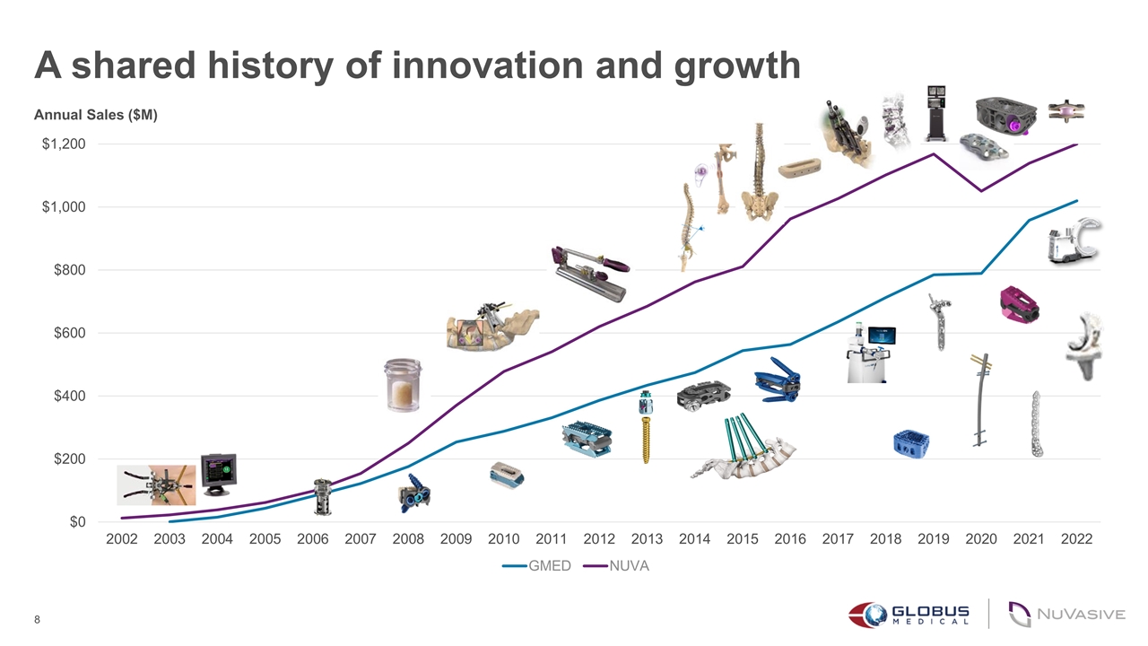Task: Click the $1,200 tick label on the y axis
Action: point(63,144)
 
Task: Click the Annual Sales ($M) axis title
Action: point(96,115)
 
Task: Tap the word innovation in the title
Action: point(482,65)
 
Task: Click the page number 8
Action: point(37,620)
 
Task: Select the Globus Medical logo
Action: point(909,614)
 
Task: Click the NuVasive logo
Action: point(1066,614)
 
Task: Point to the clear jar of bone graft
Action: point(402,385)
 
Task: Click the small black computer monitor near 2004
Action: point(218,472)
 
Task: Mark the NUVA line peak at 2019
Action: point(933,154)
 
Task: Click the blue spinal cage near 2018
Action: point(910,442)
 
